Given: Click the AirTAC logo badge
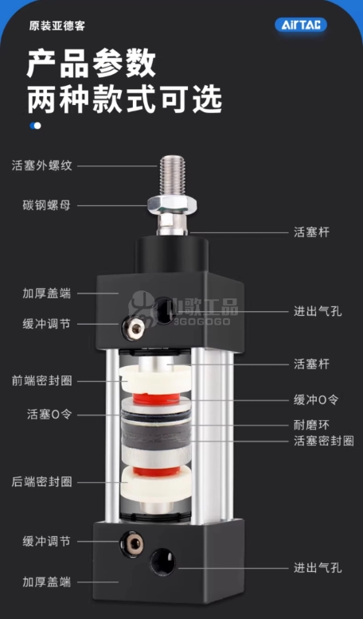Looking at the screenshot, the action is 301,25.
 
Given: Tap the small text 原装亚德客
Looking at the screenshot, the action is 57,26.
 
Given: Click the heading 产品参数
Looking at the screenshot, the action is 92,63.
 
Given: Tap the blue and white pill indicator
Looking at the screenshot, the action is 35,126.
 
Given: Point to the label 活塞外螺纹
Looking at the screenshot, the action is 42,165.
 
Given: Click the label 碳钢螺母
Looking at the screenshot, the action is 47,205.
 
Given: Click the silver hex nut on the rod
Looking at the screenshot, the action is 172,204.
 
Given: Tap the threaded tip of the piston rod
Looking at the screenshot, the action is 172,174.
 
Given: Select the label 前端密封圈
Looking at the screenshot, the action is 42,381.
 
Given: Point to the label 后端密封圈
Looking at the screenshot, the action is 42,481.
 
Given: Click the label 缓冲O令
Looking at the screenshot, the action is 316,399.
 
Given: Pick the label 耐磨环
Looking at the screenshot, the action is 311,425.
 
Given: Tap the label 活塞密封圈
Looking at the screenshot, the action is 323,441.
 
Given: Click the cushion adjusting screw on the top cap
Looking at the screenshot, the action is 133,327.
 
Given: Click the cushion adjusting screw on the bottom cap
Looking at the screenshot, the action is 132,543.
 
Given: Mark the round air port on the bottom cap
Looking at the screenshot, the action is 162,563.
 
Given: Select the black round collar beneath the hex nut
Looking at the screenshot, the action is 172,255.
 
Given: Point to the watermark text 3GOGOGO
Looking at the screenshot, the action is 201,321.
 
